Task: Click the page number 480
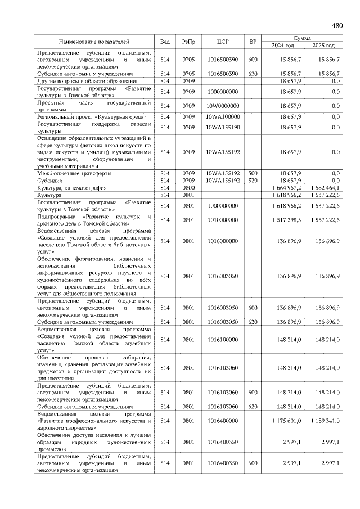click(337, 25)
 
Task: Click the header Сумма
click(303, 37)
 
